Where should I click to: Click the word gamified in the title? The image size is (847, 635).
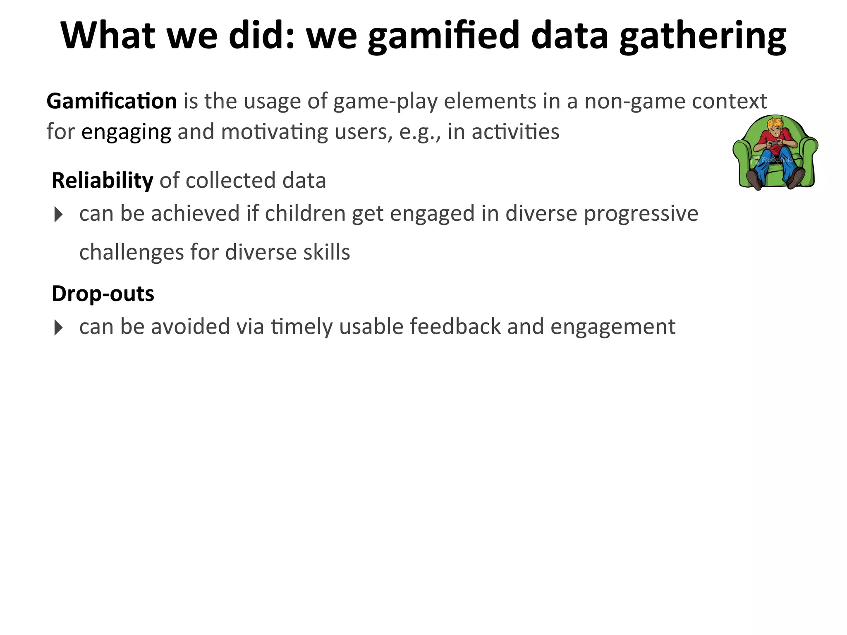[443, 36]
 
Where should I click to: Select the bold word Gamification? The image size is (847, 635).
[112, 101]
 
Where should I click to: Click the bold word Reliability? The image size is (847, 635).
[102, 181]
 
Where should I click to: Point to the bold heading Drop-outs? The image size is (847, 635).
[103, 294]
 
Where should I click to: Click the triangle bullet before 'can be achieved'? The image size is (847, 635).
[58, 215]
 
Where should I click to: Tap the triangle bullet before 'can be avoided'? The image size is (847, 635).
[58, 328]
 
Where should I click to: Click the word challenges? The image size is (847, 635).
[131, 252]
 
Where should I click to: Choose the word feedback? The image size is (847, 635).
[455, 327]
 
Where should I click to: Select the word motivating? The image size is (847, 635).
[274, 132]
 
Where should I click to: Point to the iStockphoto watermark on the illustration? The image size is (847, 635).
[776, 160]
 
